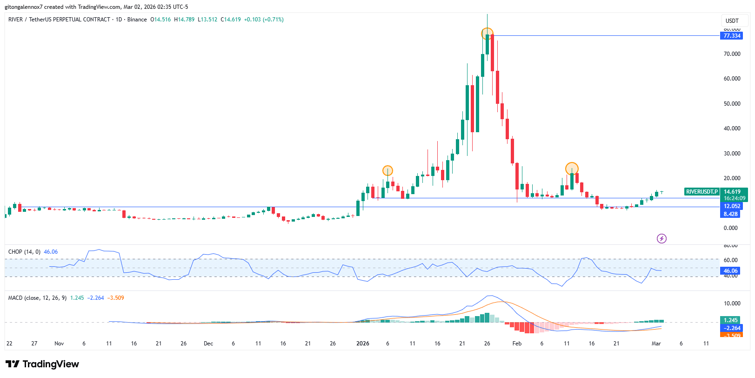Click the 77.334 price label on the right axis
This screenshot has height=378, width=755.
(x=732, y=36)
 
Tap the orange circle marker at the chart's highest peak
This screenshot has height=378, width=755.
(x=487, y=34)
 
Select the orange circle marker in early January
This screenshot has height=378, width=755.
(x=388, y=171)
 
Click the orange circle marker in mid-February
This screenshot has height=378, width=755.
(x=572, y=169)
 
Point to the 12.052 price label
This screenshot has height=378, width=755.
(x=732, y=206)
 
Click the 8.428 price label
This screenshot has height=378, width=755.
(x=730, y=214)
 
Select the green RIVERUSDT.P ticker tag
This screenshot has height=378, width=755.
(x=702, y=192)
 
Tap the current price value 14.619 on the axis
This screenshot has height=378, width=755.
(x=732, y=192)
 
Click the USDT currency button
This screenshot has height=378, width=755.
(x=732, y=20)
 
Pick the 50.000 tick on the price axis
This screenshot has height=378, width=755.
(x=732, y=104)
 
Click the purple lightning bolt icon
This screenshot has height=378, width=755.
(x=661, y=239)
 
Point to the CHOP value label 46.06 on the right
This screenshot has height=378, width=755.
(x=730, y=271)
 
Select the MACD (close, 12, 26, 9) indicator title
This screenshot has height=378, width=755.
(x=37, y=298)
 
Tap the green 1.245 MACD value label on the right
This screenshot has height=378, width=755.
(x=731, y=320)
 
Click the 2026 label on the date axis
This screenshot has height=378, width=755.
(x=362, y=344)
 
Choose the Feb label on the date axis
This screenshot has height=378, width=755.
(x=517, y=344)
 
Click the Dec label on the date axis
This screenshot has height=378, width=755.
(x=208, y=344)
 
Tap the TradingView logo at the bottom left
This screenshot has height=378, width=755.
(x=42, y=364)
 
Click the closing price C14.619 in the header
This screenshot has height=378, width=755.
(x=231, y=20)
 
